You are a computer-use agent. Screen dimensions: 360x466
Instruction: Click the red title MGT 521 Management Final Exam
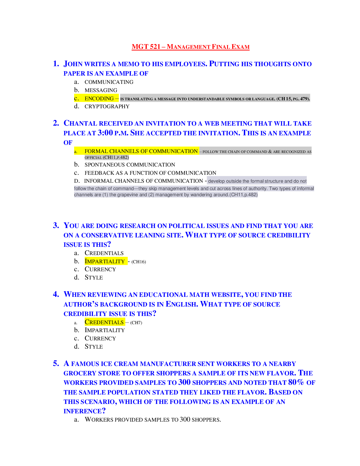(x=190, y=47)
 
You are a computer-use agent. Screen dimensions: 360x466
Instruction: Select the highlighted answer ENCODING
(x=99, y=99)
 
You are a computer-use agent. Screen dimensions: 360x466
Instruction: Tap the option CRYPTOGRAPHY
(x=107, y=106)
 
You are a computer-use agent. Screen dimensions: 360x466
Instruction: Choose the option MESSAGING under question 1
(x=101, y=90)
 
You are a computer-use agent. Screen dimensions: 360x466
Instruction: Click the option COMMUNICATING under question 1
(x=109, y=82)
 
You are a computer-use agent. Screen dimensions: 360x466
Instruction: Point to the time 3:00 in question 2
(x=105, y=133)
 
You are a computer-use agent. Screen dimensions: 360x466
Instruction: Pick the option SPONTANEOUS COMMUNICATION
(x=130, y=165)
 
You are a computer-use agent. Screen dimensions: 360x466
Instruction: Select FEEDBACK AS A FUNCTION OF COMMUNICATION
(x=150, y=173)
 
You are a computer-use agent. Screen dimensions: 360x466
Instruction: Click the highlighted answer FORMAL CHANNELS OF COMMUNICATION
(x=141, y=151)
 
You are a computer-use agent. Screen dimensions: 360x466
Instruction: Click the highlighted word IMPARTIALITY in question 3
(x=105, y=261)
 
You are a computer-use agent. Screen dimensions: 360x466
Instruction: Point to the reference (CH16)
(x=139, y=262)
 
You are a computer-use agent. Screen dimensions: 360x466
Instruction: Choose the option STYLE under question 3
(x=94, y=277)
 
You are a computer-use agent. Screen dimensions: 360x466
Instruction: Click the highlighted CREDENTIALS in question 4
(x=104, y=322)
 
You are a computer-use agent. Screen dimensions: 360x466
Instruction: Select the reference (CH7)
(x=136, y=322)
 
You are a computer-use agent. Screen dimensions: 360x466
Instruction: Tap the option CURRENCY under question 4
(x=100, y=338)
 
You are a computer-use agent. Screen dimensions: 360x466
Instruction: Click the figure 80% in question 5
(x=296, y=382)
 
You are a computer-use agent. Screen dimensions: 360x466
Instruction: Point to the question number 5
(x=56, y=363)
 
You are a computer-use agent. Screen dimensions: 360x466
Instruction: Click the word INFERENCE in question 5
(x=83, y=411)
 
